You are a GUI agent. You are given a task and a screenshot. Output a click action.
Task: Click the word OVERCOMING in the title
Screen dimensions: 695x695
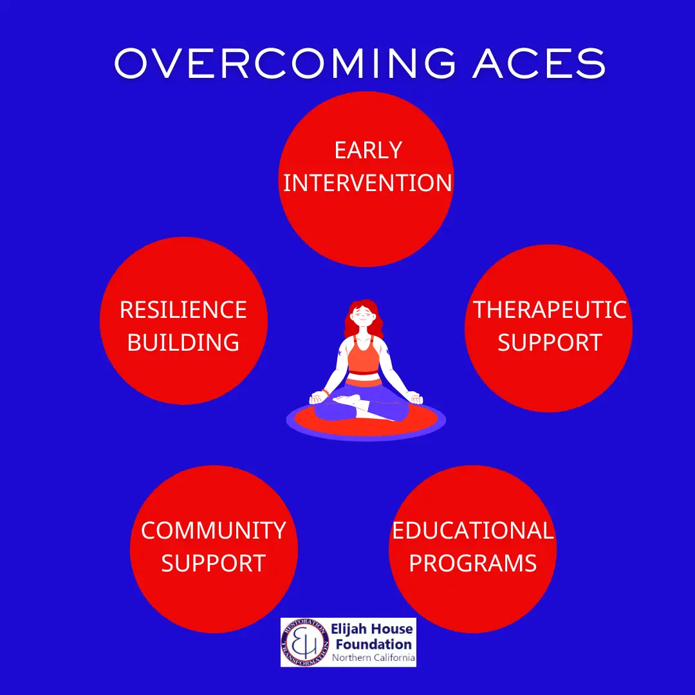[x=285, y=63]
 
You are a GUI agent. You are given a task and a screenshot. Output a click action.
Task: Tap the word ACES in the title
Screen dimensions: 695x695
[x=539, y=63]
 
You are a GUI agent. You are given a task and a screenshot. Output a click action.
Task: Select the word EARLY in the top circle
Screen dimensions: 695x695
[x=368, y=150]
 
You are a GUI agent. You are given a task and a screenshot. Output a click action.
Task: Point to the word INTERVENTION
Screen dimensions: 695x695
[x=367, y=183]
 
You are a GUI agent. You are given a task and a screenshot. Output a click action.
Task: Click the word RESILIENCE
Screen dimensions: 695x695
[x=183, y=310]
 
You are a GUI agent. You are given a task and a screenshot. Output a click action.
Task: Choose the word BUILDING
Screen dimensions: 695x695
[x=183, y=342]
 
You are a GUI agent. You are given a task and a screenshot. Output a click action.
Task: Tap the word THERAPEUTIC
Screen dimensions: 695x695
[x=550, y=310]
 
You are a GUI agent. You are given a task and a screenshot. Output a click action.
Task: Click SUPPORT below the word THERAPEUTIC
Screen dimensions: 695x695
[x=550, y=342]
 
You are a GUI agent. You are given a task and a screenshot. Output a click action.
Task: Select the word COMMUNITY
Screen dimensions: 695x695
[x=214, y=530]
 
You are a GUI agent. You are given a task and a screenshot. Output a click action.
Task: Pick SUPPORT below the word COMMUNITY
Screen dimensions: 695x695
[x=214, y=563]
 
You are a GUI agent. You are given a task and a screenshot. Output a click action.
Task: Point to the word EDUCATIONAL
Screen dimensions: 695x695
[x=473, y=530]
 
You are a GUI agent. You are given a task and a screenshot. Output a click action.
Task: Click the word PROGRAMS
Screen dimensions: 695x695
[x=473, y=563]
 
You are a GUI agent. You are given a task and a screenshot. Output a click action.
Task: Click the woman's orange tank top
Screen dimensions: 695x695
[x=364, y=356]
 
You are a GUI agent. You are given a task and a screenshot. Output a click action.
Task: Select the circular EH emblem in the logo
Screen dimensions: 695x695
[x=304, y=642]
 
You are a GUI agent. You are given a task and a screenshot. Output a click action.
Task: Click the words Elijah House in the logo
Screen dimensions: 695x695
[x=372, y=629]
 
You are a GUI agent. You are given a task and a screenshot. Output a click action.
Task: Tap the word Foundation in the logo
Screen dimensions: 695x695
[x=374, y=644]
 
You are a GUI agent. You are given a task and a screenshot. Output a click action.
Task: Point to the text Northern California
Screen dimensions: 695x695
[x=374, y=658]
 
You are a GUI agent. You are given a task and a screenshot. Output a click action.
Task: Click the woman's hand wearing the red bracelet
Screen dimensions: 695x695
[x=319, y=397]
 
